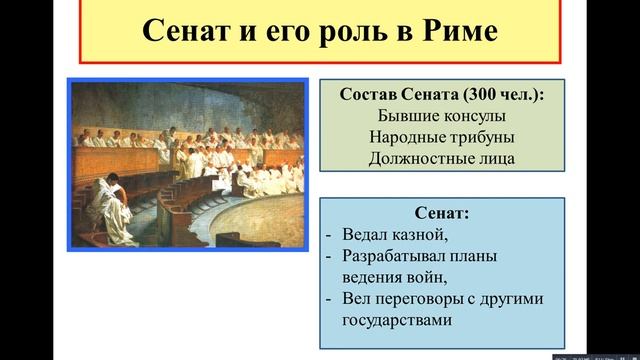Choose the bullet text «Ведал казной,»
(x=390, y=234)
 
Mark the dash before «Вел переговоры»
(x=330, y=300)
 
